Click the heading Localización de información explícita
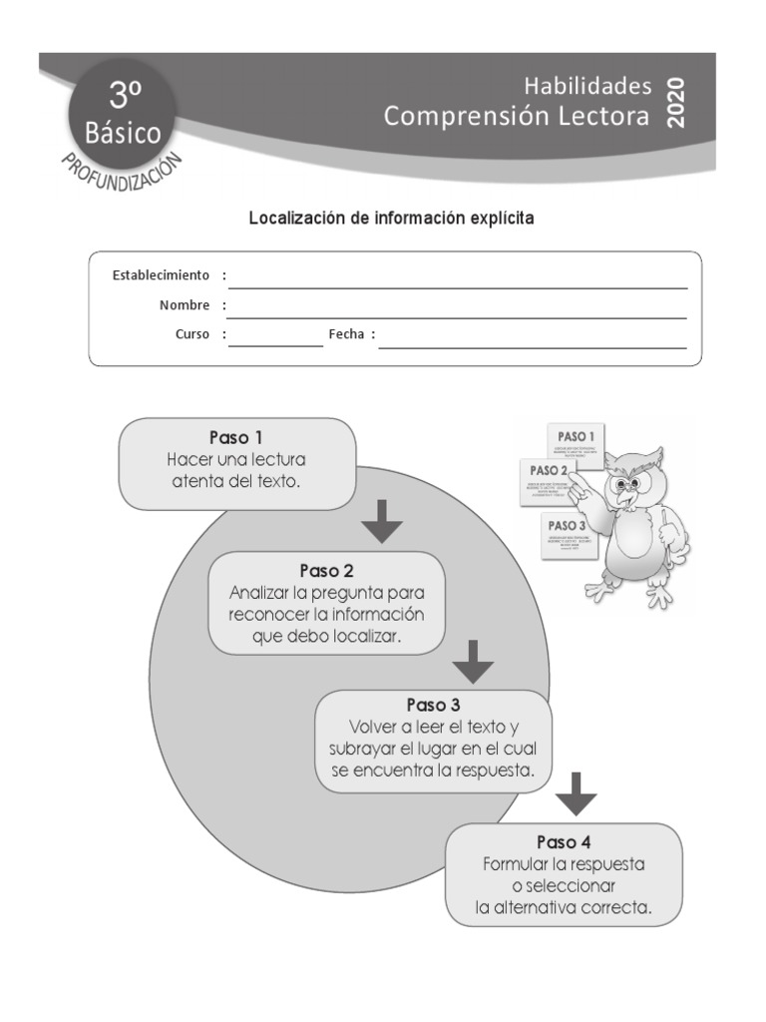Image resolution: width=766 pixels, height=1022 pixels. point(391,218)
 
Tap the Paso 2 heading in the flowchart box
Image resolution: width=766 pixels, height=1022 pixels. point(326,571)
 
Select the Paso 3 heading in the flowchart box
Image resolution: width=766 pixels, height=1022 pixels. point(433,705)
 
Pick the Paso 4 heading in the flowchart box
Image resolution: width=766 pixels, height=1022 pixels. point(564,841)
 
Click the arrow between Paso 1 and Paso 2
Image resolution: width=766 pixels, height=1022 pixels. point(381,521)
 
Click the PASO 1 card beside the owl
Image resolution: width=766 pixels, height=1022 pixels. point(576,441)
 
